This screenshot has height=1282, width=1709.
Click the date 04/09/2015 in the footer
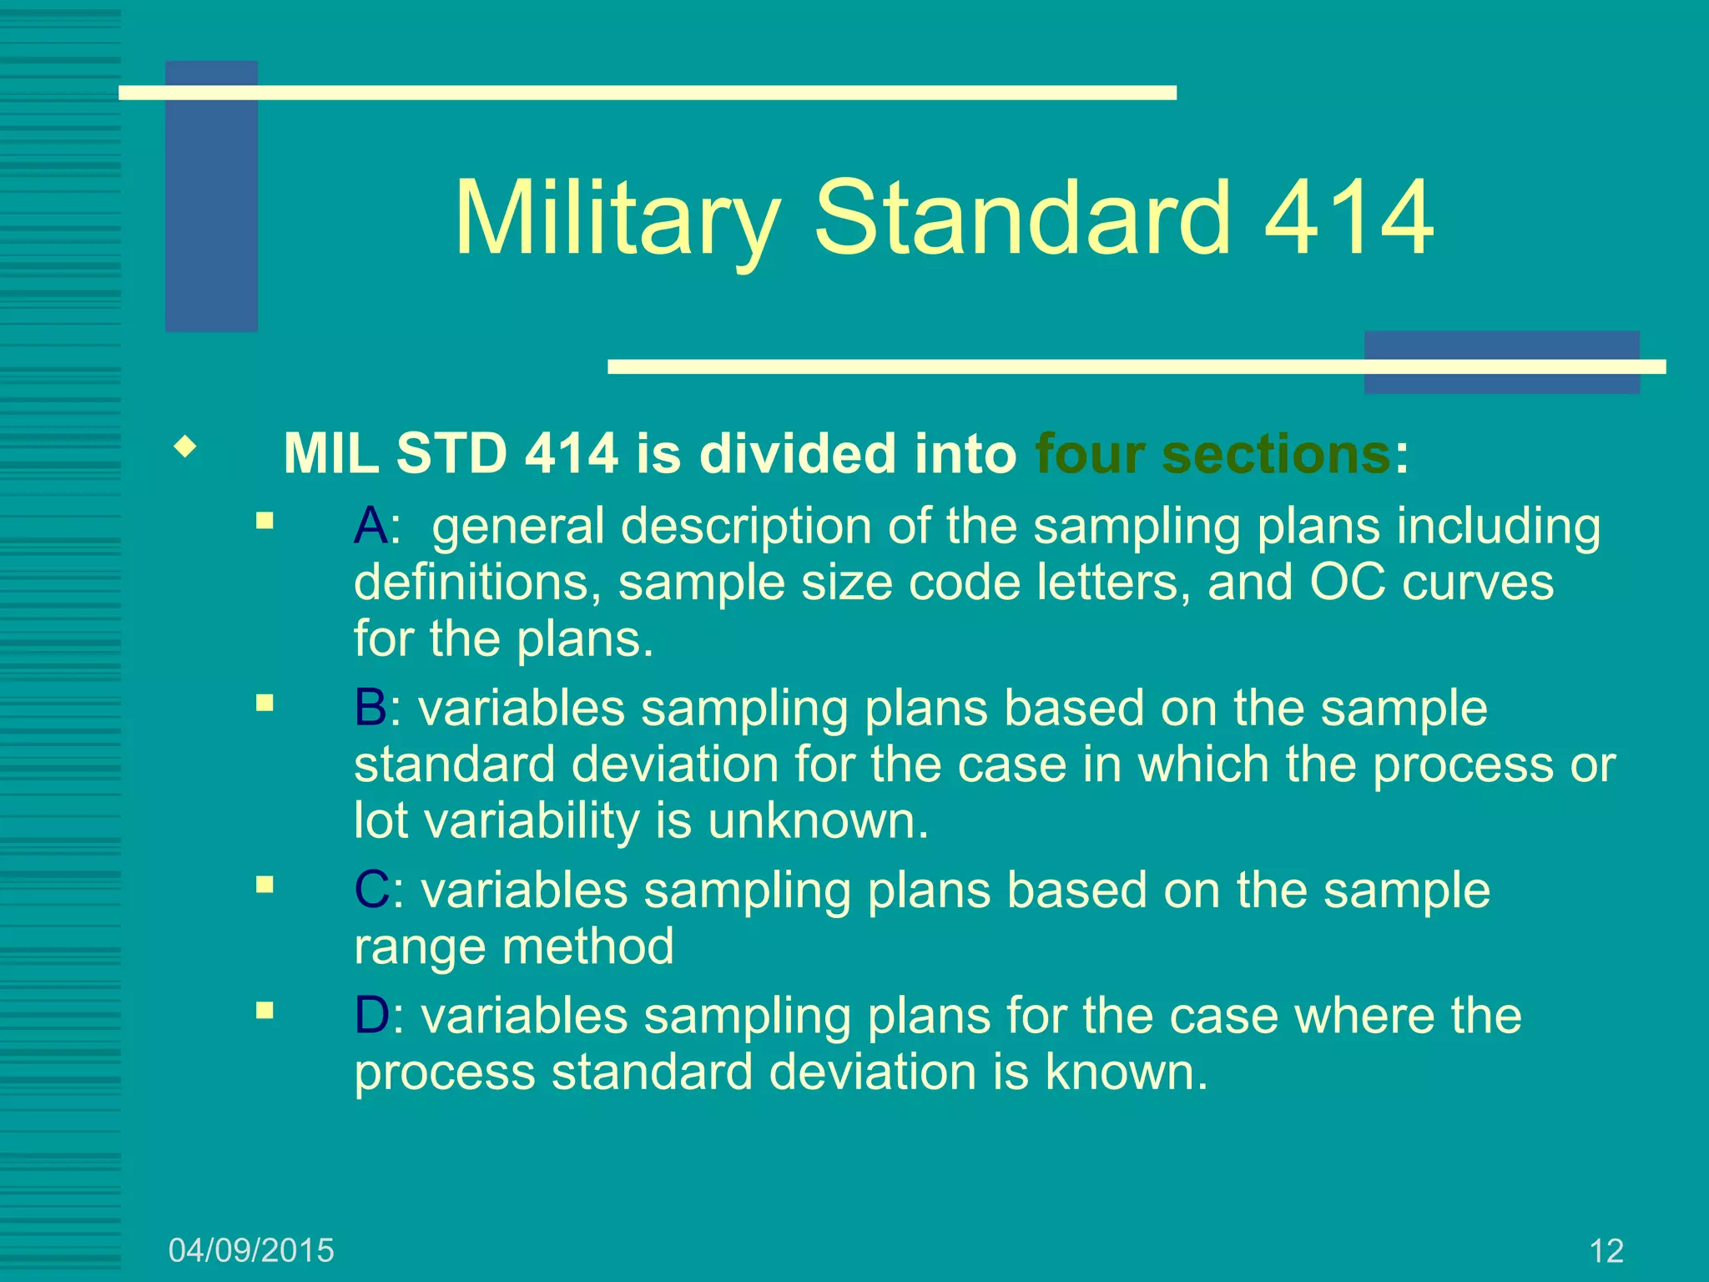click(251, 1250)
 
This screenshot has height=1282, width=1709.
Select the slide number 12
click(1606, 1251)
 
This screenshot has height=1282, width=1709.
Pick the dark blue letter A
click(371, 527)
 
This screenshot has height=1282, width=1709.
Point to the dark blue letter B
click(371, 709)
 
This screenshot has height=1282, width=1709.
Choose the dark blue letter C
click(371, 891)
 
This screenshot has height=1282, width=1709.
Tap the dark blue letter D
click(371, 1017)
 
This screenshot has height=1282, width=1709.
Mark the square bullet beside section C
click(265, 885)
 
